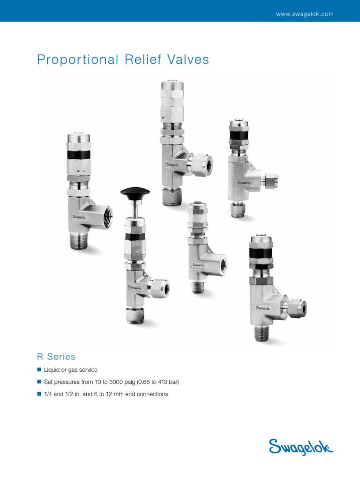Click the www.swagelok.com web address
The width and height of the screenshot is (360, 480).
pos(305,14)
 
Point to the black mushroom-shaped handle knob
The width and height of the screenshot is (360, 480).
pos(135,192)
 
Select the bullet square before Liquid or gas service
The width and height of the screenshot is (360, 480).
pos(39,370)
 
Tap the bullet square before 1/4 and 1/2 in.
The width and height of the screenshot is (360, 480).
pos(39,394)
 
